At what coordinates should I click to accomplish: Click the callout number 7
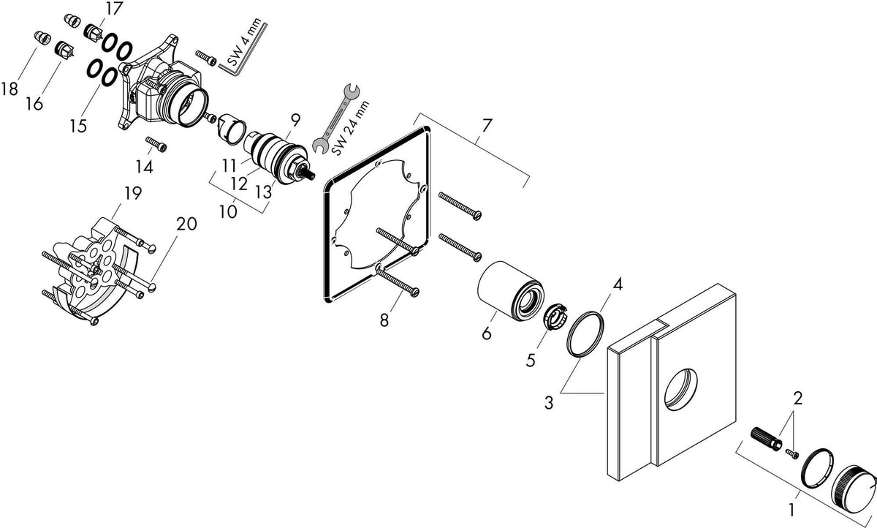click(486, 126)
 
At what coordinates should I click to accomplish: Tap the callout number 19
click(133, 193)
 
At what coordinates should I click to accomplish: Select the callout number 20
click(186, 224)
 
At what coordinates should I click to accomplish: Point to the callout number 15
click(78, 126)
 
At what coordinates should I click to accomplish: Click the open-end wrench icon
click(336, 118)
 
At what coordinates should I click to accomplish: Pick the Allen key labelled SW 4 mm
click(243, 52)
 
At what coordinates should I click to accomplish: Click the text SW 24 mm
click(350, 128)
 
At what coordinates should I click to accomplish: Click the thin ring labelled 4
click(585, 334)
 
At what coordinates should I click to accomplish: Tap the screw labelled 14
click(156, 144)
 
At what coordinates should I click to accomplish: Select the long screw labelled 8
click(397, 279)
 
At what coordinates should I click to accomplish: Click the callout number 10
click(228, 212)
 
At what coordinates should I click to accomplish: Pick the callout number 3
click(549, 402)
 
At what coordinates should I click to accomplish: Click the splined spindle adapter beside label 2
click(766, 440)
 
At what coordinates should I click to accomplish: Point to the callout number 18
click(10, 89)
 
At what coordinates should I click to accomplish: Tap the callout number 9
click(295, 120)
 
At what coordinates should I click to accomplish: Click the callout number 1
click(791, 510)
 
